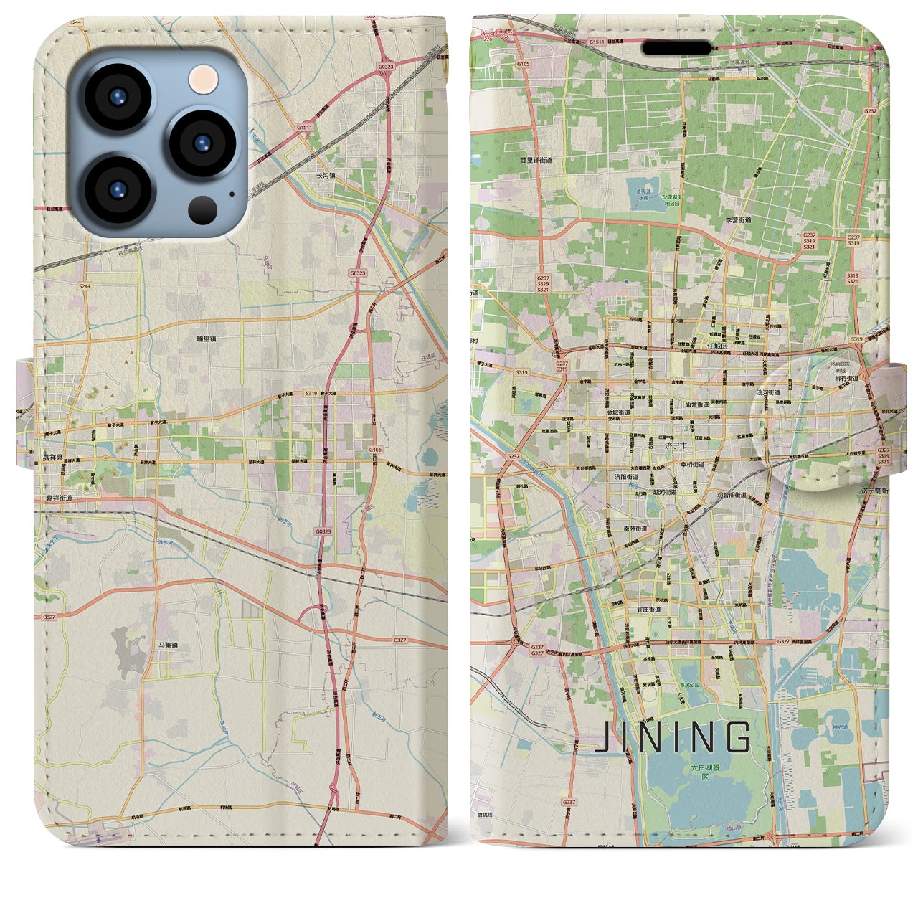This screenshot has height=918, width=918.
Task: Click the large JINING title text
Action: click(674, 737)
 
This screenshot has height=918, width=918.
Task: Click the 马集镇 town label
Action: click(167, 645)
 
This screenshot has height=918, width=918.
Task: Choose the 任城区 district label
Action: click(716, 346)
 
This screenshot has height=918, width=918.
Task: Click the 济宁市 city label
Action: click(675, 445)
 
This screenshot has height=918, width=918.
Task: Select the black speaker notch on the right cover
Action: click(676, 48)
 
